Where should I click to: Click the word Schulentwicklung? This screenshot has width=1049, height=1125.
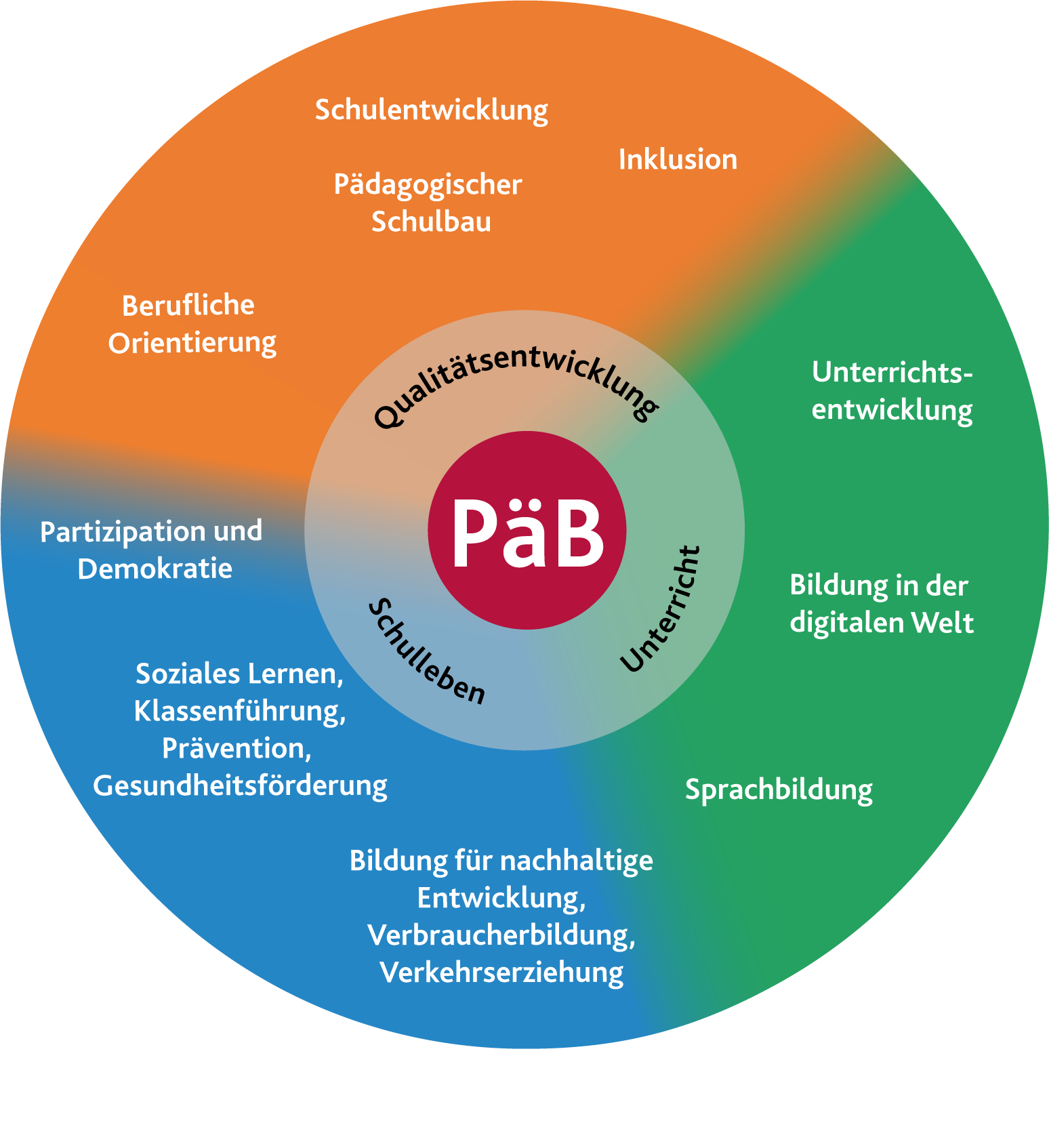pos(431,110)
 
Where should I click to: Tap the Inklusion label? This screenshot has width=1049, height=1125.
pos(678,160)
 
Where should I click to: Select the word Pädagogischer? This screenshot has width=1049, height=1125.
pos(428,185)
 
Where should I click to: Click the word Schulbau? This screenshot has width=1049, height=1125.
pos(431,222)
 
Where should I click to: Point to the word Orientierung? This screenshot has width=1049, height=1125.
pos(192,344)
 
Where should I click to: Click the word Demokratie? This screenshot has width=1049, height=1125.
pos(155,569)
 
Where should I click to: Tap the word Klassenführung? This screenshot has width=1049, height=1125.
pos(240,712)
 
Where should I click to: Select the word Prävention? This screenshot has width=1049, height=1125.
pos(236,749)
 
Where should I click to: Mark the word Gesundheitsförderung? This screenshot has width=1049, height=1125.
pos(240,786)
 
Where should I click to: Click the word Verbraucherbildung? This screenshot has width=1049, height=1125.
pos(501,935)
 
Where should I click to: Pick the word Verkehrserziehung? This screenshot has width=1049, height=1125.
pos(501,973)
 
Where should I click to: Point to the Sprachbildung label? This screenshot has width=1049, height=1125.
pos(779,790)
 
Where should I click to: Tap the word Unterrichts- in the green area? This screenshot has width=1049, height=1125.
pos(892,373)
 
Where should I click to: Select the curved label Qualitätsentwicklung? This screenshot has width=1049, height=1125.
pos(515,380)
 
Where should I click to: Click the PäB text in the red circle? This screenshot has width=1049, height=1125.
pos(527,533)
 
